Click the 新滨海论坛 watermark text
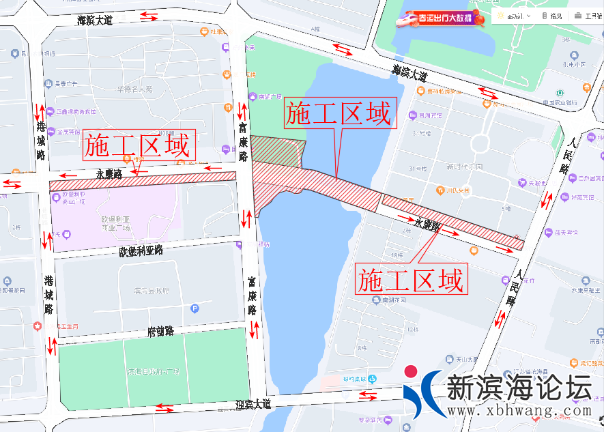tap(519, 388)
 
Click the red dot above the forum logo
tap(411, 372)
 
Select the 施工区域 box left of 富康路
tap(139, 145)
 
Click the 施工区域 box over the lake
tap(339, 114)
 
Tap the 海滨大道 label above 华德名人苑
tap(95, 20)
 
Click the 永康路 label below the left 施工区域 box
tap(109, 174)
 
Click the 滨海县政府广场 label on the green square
tap(153, 372)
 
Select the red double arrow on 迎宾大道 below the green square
tap(164, 407)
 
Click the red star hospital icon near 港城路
tap(38, 326)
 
